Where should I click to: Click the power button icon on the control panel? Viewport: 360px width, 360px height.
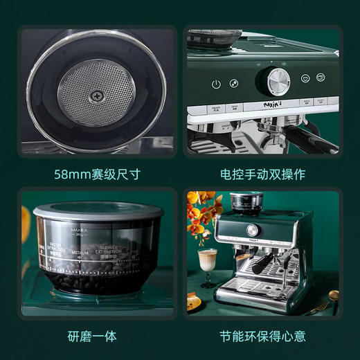(x=216, y=84)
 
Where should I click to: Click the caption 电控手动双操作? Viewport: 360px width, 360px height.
(x=263, y=174)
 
